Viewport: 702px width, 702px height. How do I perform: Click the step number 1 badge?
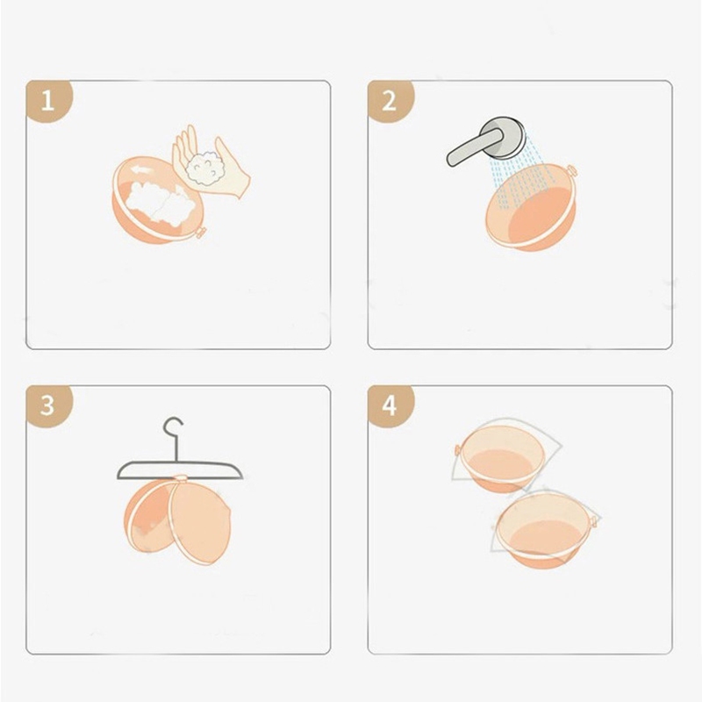pyautogui.click(x=48, y=101)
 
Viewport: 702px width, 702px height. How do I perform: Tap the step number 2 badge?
pyautogui.click(x=390, y=101)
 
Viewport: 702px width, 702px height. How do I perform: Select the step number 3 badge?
pyautogui.click(x=48, y=405)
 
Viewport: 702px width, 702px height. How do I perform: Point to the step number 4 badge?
pyautogui.click(x=390, y=405)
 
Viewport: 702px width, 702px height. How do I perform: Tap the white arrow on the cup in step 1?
pyautogui.click(x=140, y=169)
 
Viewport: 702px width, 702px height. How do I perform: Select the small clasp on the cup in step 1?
pyautogui.click(x=201, y=233)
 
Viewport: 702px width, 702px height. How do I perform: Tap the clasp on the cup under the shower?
pyautogui.click(x=572, y=170)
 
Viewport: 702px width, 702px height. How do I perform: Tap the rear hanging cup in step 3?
pyautogui.click(x=147, y=516)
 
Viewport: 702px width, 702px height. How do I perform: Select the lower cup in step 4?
pyautogui.click(x=545, y=530)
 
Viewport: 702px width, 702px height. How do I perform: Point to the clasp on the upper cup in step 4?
pyautogui.click(x=458, y=449)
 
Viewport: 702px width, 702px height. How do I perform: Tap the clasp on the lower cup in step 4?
pyautogui.click(x=594, y=522)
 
